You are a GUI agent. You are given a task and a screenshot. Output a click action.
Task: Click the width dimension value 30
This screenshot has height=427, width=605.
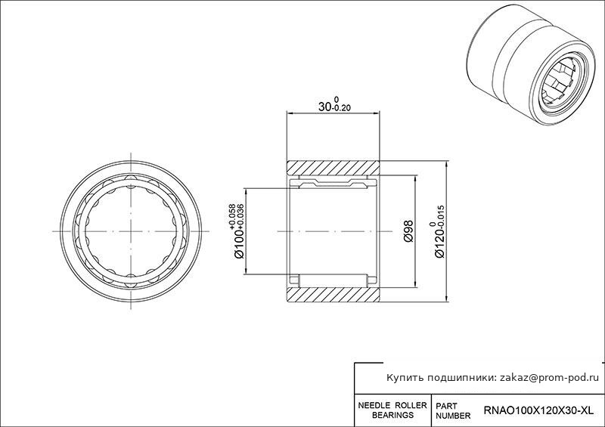tap(325, 107)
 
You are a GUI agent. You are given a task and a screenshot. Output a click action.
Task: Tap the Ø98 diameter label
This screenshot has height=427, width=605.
tap(408, 231)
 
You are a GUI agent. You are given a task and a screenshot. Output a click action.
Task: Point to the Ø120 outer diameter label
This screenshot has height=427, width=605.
tap(439, 243)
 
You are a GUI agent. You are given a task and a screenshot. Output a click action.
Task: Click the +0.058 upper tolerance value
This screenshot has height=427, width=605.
tap(232, 215)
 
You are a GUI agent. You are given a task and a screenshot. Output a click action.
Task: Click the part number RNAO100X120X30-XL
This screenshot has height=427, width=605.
tap(538, 411)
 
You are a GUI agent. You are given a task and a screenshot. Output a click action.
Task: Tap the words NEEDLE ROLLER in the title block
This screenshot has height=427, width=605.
tap(392, 406)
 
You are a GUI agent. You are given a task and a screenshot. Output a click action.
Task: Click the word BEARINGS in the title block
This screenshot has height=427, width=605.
tap(392, 416)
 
